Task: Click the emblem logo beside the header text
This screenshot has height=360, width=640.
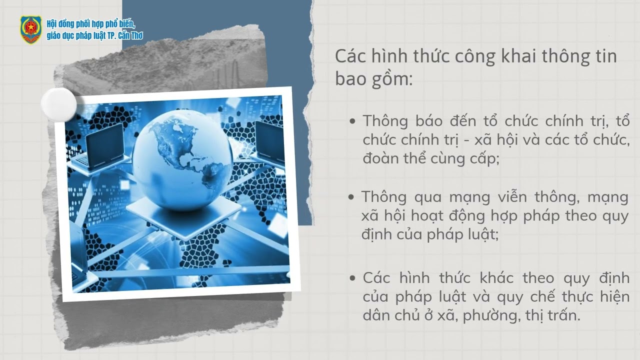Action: (30, 29)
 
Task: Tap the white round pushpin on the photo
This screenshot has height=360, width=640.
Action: (58, 104)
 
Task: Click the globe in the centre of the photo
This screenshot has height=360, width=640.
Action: (182, 157)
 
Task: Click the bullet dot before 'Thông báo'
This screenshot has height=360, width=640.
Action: (353, 121)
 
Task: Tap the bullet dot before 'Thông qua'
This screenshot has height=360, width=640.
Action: (351, 197)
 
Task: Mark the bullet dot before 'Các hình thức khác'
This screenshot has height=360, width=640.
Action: (353, 278)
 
